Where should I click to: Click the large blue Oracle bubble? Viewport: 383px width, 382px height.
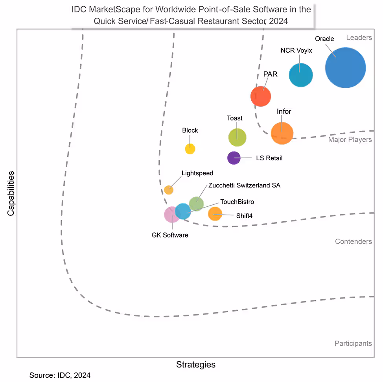[x=345, y=68]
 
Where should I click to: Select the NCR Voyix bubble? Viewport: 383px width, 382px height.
[x=301, y=75]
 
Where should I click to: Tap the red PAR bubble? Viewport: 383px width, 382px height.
[x=261, y=96]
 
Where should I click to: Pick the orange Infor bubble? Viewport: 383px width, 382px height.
[x=282, y=134]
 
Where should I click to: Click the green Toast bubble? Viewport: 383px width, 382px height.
[x=237, y=137]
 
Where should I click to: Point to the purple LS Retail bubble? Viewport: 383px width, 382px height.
[x=234, y=158]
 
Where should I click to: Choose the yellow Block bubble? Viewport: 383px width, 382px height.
[x=190, y=148]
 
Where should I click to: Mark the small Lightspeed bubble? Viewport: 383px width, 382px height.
[x=169, y=189]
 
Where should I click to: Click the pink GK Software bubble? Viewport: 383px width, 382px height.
[x=171, y=215]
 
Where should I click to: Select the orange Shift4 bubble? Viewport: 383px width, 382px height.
[x=215, y=214]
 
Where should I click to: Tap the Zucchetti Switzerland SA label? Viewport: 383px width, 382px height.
[x=244, y=185]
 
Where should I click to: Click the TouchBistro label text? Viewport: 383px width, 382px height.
[x=237, y=202]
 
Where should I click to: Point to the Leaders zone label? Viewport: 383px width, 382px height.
[x=359, y=38]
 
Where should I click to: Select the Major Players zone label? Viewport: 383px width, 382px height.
[x=350, y=139]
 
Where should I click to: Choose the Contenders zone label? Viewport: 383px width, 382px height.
[x=353, y=241]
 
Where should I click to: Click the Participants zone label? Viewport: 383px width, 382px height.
[x=353, y=343]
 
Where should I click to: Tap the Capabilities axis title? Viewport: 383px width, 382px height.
[x=11, y=193]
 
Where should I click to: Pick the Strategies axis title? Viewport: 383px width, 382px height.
[x=195, y=364]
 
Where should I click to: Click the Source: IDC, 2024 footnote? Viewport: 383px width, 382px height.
[x=60, y=375]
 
